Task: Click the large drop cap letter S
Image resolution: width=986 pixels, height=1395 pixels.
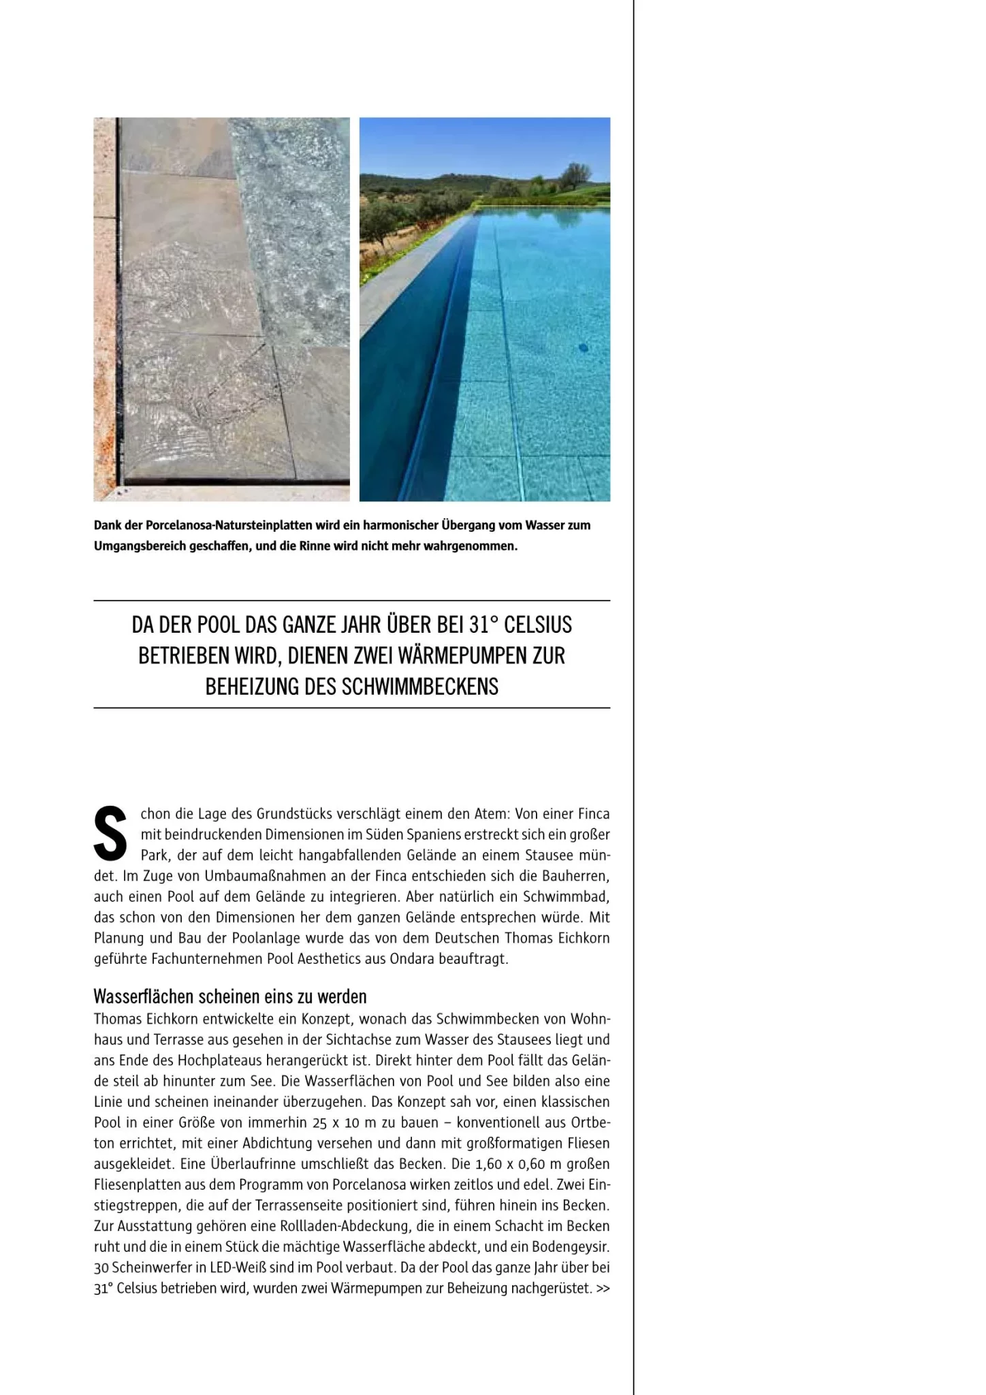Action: point(110,833)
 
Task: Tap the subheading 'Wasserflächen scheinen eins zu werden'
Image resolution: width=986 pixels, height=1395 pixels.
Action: point(229,997)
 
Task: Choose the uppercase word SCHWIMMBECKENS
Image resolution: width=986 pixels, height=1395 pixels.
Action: point(420,686)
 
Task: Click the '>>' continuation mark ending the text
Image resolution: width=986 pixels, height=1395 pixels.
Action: point(603,1288)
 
